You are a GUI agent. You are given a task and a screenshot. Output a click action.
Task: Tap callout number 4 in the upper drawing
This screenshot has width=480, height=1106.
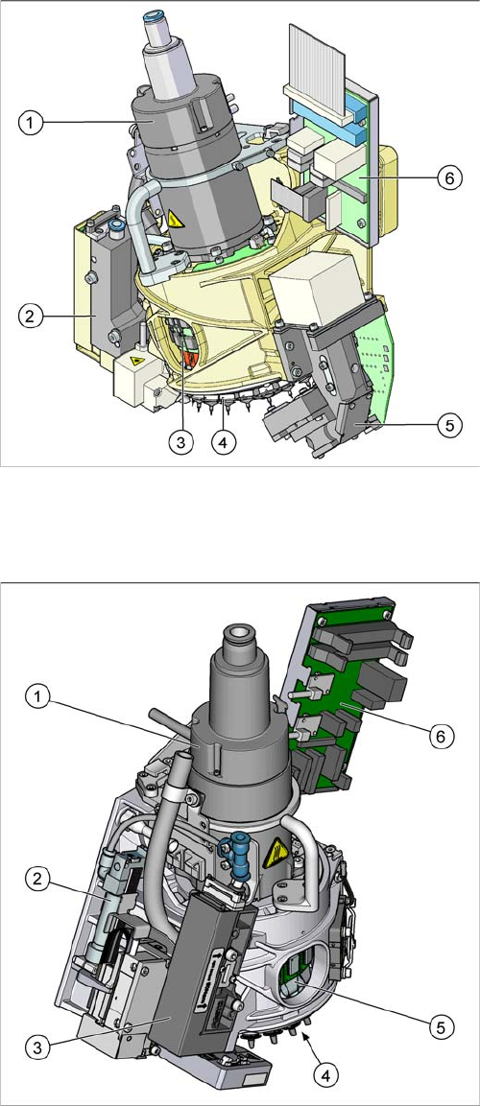[225, 443]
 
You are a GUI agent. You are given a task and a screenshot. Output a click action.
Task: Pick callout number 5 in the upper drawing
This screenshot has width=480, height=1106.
[449, 425]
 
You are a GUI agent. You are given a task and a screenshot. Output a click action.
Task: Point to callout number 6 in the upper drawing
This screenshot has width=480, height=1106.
[449, 178]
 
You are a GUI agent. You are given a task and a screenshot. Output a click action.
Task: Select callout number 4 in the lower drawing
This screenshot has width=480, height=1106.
[325, 1075]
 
